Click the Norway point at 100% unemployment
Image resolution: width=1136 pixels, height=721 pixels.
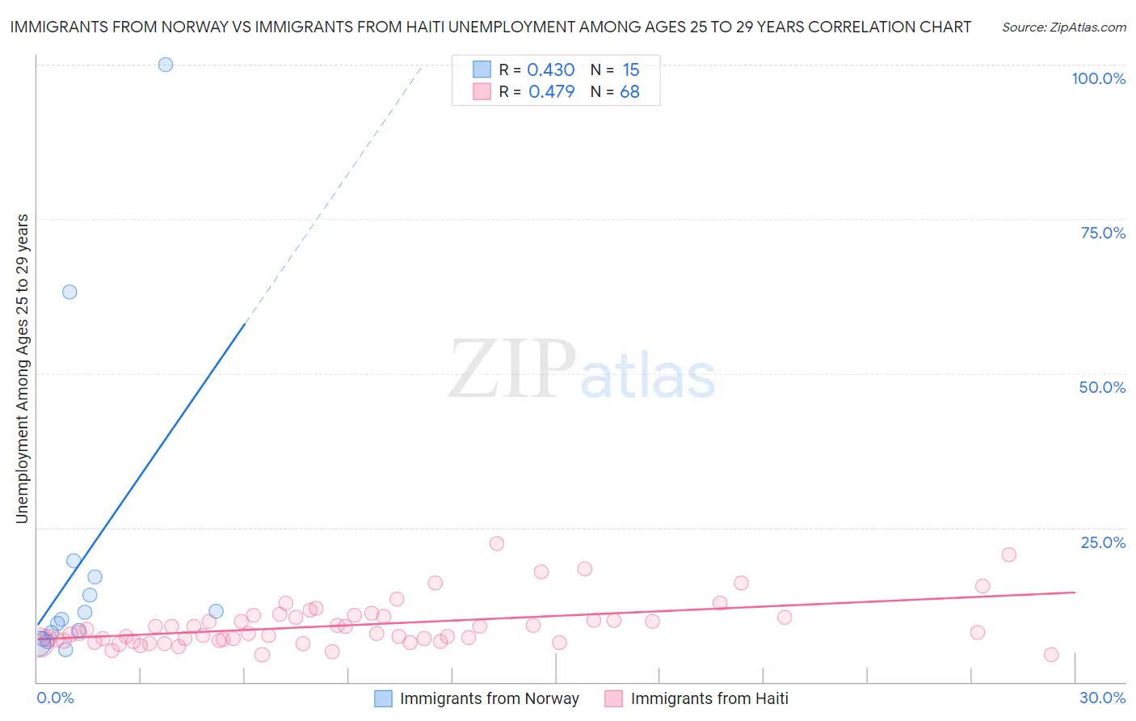[166, 65]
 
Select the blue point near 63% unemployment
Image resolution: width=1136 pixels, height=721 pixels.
[69, 292]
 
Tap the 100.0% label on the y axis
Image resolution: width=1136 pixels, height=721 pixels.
[1098, 78]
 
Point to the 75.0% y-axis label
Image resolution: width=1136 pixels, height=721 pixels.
[1103, 233]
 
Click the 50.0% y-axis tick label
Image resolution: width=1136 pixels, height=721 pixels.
[1102, 387]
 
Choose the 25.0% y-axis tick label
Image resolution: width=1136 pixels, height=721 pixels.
[1103, 542]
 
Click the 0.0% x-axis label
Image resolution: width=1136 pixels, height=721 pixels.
[55, 698]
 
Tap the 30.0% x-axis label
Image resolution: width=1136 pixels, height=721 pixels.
[1102, 698]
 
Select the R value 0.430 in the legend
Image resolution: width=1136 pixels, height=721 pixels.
[550, 70]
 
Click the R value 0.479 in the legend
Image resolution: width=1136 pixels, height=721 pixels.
[551, 92]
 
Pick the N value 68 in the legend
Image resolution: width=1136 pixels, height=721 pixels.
[629, 92]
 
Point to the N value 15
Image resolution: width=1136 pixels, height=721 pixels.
[630, 70]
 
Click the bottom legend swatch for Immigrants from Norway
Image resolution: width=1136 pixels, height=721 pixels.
[383, 698]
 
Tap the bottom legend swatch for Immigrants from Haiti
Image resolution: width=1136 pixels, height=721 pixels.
[614, 698]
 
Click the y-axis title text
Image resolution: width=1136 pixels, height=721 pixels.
[22, 369]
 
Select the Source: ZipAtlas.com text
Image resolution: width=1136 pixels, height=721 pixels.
[1063, 27]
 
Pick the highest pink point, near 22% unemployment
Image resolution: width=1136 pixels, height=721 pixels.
[497, 544]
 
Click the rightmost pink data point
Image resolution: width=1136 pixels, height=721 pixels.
[1051, 655]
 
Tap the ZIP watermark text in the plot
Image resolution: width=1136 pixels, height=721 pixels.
[512, 370]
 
